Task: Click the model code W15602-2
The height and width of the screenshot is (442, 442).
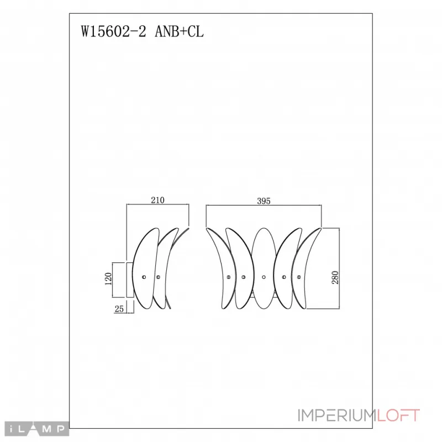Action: (x=113, y=31)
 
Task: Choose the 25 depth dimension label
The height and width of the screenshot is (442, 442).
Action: (x=119, y=310)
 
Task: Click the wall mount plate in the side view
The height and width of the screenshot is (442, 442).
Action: (x=130, y=281)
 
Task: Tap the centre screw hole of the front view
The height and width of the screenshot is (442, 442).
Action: (x=264, y=276)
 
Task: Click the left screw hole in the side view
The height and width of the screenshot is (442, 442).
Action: (x=144, y=276)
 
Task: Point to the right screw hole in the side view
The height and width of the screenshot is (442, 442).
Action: (x=159, y=276)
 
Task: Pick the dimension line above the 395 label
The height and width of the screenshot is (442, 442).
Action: (x=264, y=207)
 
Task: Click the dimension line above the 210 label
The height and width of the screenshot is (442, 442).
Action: (x=158, y=206)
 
